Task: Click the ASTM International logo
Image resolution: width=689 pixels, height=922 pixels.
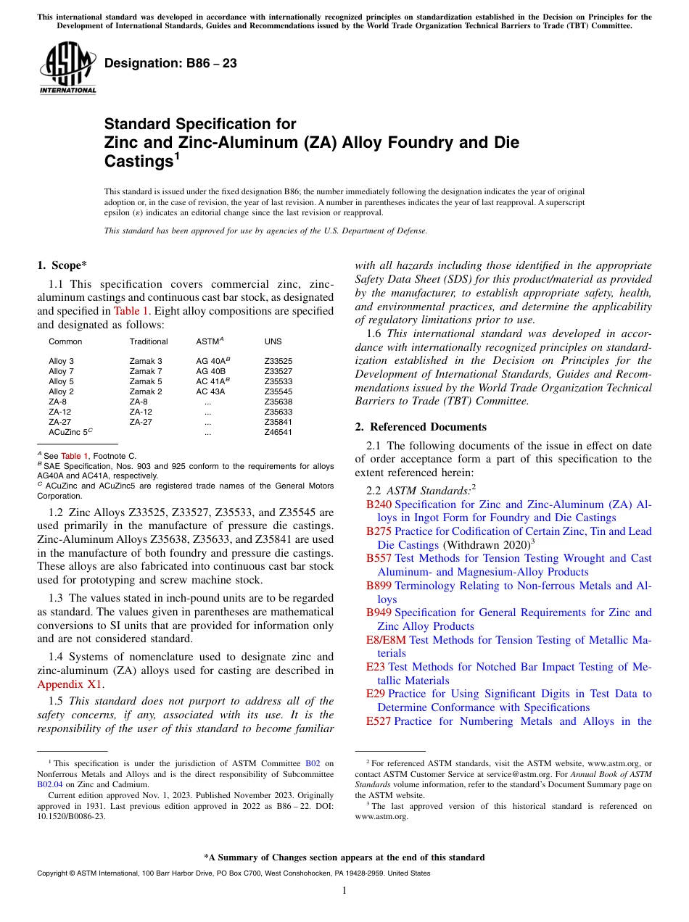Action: click(x=67, y=68)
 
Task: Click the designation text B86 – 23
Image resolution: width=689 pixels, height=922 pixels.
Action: click(x=170, y=64)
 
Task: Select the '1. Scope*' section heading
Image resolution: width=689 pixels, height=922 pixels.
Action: click(x=62, y=265)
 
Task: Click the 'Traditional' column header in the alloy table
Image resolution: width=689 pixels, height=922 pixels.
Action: click(x=149, y=341)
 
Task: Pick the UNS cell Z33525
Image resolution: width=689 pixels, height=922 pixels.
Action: click(x=279, y=361)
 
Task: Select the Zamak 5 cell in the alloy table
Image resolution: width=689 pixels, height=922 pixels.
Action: click(x=146, y=381)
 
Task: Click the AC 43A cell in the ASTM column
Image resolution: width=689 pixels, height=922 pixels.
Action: click(x=210, y=391)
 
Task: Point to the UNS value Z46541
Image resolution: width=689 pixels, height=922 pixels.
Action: click(x=279, y=432)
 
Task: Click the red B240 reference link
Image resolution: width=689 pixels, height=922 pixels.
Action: click(x=379, y=504)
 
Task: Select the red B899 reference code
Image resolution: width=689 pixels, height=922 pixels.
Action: click(x=379, y=586)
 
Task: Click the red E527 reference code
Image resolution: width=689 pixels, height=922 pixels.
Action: click(x=379, y=721)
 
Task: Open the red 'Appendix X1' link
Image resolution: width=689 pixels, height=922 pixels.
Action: click(x=70, y=684)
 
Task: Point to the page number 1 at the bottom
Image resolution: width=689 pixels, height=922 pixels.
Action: click(x=344, y=890)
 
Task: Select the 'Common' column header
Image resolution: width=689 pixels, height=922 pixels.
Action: click(x=65, y=341)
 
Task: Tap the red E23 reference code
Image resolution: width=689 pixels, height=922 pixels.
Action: click(x=376, y=667)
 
